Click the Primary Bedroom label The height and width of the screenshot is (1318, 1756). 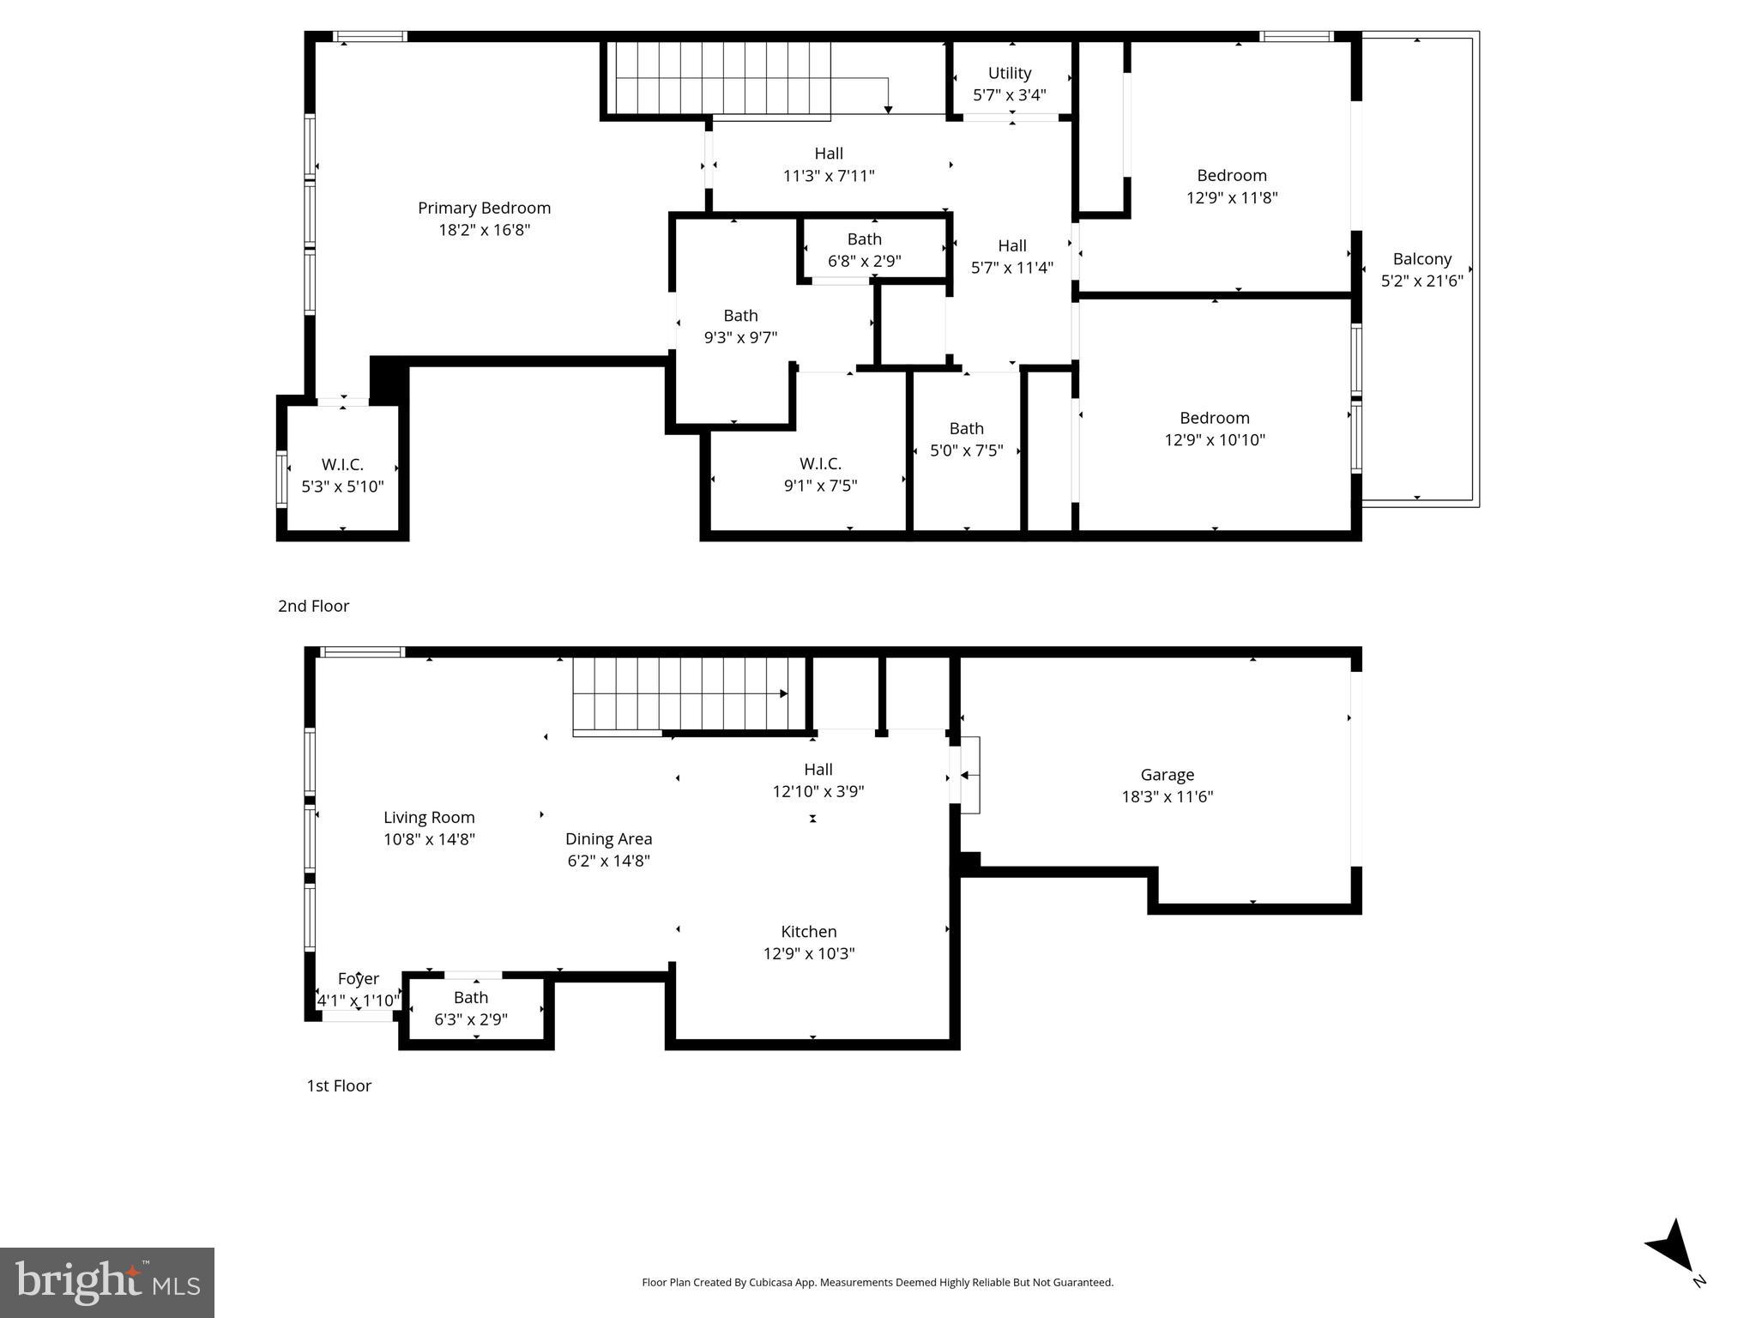[x=484, y=208]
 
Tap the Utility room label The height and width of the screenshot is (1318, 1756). [x=1009, y=73]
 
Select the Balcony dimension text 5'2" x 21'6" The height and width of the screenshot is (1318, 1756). [x=1421, y=281]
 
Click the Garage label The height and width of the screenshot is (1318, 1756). [x=1167, y=774]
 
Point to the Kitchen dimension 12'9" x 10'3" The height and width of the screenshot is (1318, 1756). [x=808, y=953]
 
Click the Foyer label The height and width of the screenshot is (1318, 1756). [x=358, y=978]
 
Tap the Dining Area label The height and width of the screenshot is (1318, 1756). [x=608, y=838]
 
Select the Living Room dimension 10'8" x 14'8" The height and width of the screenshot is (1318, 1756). [x=429, y=839]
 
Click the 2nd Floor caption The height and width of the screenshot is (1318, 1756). [x=313, y=606]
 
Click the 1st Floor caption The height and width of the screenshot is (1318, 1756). [x=339, y=1085]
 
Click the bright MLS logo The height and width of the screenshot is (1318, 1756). [x=106, y=1282]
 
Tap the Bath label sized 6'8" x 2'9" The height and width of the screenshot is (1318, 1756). [x=864, y=239]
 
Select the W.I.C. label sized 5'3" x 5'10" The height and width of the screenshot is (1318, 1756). [x=342, y=464]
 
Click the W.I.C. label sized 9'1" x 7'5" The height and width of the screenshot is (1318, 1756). [x=820, y=463]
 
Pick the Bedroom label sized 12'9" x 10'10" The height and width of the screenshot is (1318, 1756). [x=1214, y=418]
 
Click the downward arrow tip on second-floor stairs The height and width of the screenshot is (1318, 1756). [x=888, y=109]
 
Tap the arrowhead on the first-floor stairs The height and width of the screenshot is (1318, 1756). [x=783, y=693]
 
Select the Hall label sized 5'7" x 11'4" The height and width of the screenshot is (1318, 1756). [x=1012, y=245]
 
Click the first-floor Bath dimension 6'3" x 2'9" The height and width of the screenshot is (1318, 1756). [x=471, y=1019]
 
